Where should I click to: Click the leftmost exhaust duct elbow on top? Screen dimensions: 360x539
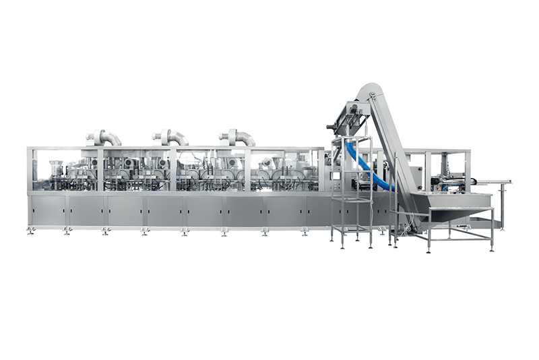tap(104, 137)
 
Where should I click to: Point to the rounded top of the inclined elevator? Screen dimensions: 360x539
tap(367, 90)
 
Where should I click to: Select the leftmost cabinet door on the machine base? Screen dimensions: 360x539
tap(48, 211)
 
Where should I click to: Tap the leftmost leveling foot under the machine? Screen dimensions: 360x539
tap(31, 232)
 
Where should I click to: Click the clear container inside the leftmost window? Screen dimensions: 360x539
tap(55, 168)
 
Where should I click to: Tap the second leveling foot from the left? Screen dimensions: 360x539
tap(67, 232)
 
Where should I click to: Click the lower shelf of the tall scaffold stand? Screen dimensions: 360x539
tap(351, 228)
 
